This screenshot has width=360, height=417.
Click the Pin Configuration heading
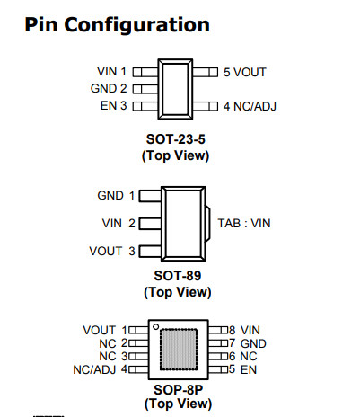pos(117,25)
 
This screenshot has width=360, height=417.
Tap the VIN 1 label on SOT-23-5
pos(111,72)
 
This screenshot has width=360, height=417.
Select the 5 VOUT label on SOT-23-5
pos(245,72)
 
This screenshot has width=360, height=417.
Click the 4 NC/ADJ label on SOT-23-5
pos(250,106)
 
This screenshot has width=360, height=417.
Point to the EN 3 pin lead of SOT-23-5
pos(145,106)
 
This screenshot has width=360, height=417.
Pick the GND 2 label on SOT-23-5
pos(109,89)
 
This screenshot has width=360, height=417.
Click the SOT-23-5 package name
pos(176,139)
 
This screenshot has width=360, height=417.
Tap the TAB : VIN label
pos(244,224)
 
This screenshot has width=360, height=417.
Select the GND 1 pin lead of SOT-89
pos(151,196)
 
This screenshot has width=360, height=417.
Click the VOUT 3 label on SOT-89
pos(112,251)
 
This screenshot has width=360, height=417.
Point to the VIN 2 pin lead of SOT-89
pos(151,224)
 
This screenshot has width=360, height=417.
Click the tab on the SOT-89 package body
pos(207,224)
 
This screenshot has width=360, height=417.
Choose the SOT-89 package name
pos(178,276)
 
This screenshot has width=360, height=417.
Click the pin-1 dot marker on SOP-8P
pos(156,327)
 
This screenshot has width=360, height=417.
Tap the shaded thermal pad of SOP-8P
pos(179,350)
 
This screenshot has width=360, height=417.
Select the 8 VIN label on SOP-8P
pos(244,330)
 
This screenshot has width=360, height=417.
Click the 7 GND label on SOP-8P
pos(248,343)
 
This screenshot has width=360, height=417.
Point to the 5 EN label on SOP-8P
pos(242,369)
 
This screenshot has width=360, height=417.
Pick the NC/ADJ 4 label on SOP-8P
pos(101,369)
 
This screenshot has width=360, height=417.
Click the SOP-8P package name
pos(179,390)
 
